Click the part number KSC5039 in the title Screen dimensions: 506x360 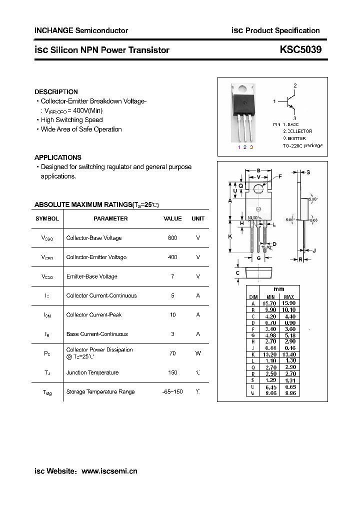pyautogui.click(x=300, y=49)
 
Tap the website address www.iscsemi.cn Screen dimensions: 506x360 pyautogui.click(x=109, y=471)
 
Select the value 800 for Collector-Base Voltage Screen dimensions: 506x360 pyautogui.click(x=172, y=238)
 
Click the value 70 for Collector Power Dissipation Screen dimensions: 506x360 pyautogui.click(x=172, y=353)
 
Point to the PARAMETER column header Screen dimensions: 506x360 pyautogui.click(x=110, y=218)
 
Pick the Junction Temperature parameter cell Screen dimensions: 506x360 pyautogui.click(x=92, y=372)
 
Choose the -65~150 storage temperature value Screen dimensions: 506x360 pyautogui.click(x=172, y=391)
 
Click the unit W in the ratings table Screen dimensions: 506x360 pyautogui.click(x=198, y=353)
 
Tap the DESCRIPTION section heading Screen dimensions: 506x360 pyautogui.click(x=56, y=92)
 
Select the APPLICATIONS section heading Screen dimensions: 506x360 pyautogui.click(x=58, y=157)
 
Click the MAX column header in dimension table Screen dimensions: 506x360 pyautogui.click(x=288, y=297)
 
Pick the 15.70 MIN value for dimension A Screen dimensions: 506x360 pyautogui.click(x=269, y=303)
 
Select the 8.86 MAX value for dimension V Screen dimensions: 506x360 pyautogui.click(x=288, y=393)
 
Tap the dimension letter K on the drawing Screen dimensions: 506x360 pyautogui.click(x=229, y=236)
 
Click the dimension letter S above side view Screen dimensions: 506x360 pyautogui.click(x=308, y=172)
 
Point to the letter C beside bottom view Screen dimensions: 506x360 pyautogui.click(x=237, y=273)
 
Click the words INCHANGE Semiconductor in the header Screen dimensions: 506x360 pyautogui.click(x=81, y=30)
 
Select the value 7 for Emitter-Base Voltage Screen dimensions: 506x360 pyautogui.click(x=172, y=276)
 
